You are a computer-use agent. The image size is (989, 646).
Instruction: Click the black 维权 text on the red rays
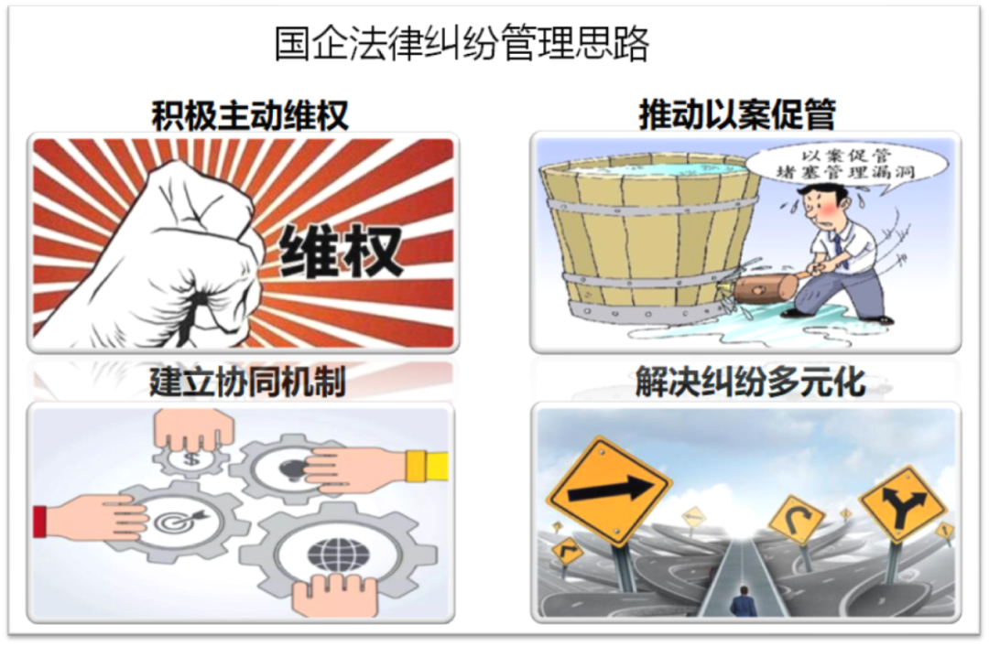click(341, 249)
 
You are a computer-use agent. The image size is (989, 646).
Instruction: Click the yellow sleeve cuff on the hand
click(427, 466)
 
